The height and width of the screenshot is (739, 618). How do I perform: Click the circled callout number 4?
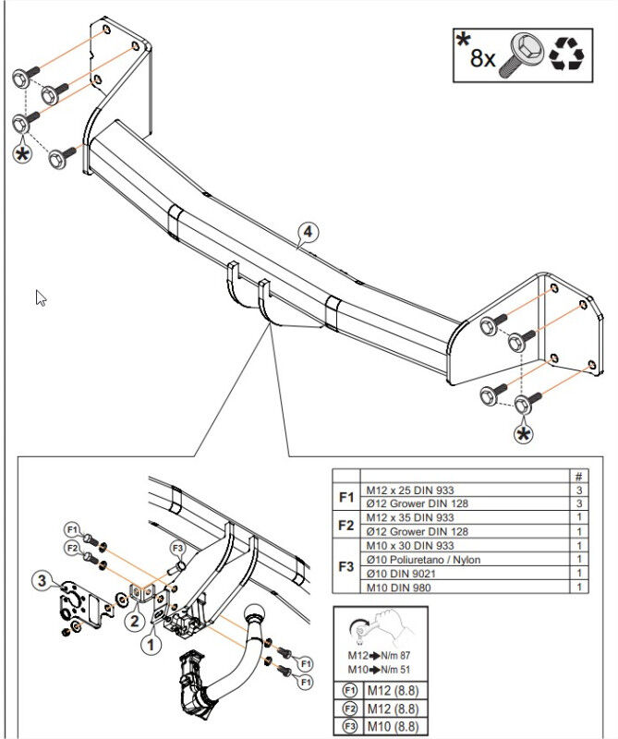[308, 232]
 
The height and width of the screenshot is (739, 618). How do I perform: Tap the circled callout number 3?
[42, 580]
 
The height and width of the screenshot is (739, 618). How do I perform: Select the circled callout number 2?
[135, 620]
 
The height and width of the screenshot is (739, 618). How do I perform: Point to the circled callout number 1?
[151, 644]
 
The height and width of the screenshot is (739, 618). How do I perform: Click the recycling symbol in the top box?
[566, 55]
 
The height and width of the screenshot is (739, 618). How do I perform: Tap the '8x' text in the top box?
[483, 59]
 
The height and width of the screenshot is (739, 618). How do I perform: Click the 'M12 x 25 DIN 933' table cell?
[409, 491]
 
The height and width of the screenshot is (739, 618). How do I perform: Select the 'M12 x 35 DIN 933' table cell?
[409, 517]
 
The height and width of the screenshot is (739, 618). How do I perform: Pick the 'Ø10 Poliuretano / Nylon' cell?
[423, 560]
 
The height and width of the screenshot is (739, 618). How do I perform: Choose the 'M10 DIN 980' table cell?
[398, 588]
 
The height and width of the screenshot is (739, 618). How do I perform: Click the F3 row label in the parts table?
[346, 566]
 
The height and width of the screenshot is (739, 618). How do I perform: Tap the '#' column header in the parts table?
[579, 476]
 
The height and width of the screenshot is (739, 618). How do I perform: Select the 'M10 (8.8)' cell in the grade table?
[394, 726]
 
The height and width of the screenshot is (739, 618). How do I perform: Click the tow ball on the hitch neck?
[254, 613]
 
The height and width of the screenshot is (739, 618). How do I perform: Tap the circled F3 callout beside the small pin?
[177, 548]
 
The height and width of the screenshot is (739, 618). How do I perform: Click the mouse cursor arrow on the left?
[41, 297]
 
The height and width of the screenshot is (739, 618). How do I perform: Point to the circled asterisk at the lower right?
[523, 434]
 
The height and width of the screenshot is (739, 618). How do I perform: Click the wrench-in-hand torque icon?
[381, 628]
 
